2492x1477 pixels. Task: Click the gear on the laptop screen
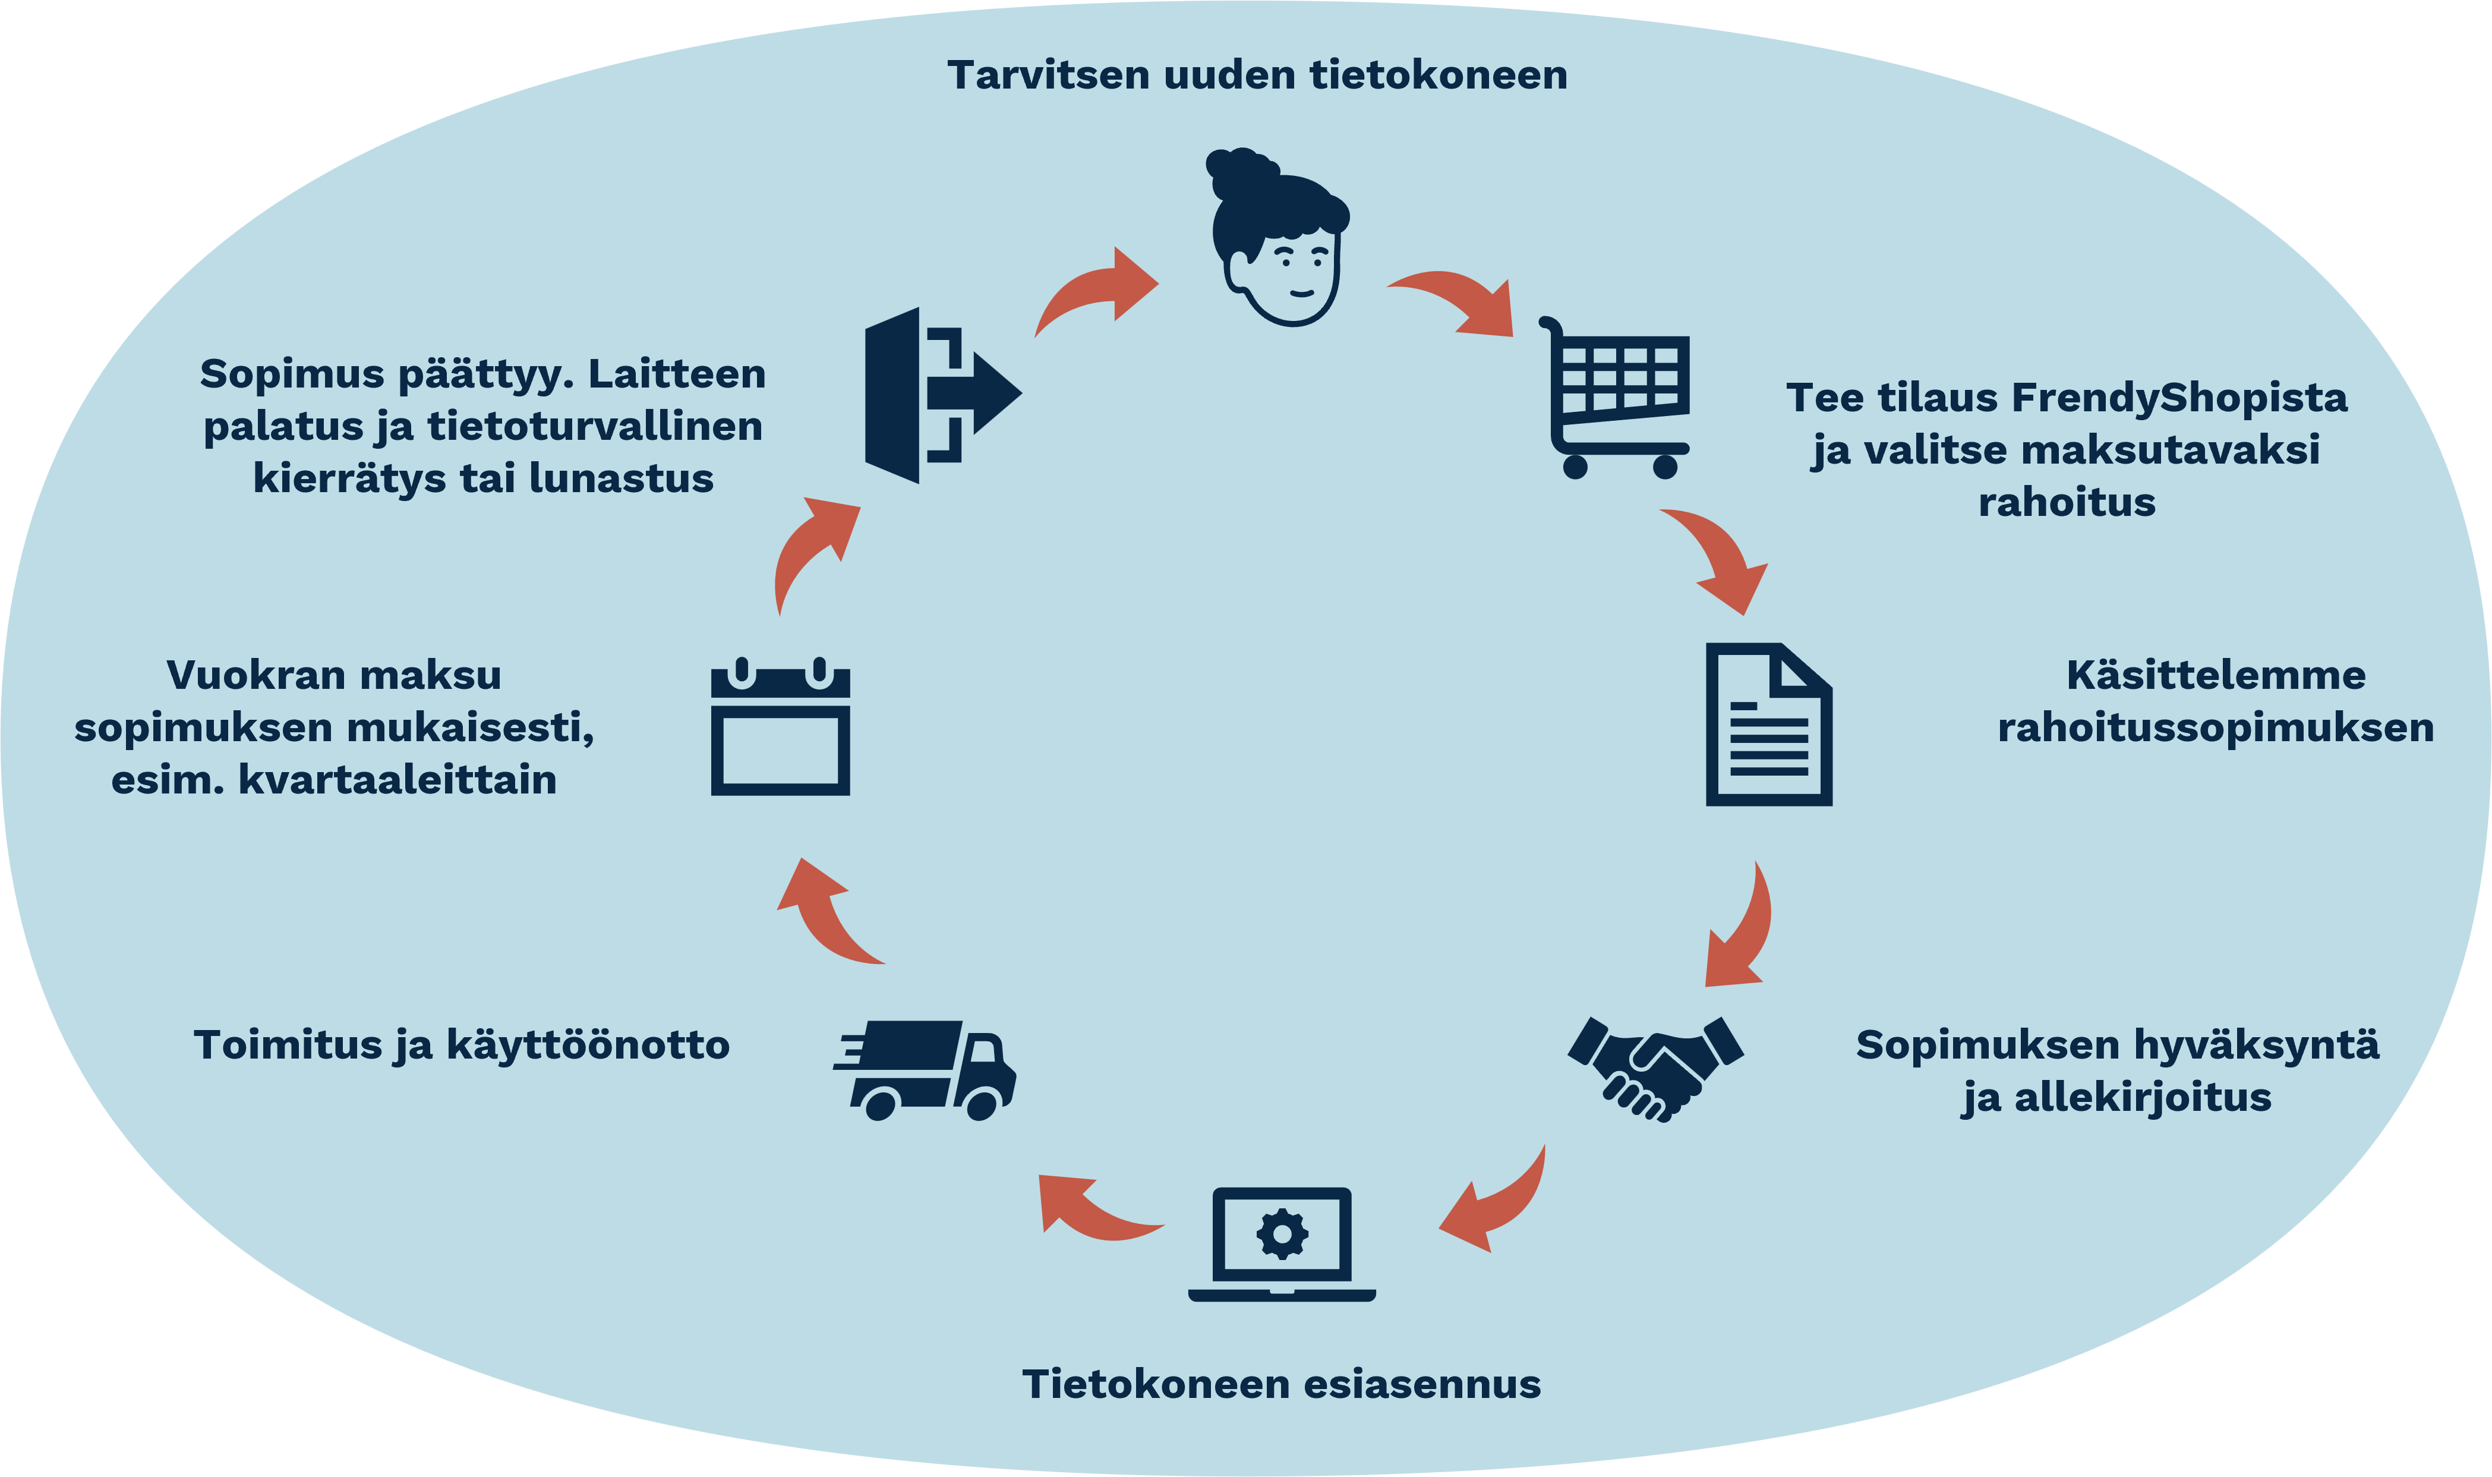tap(1282, 1234)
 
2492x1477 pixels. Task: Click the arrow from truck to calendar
tap(824, 914)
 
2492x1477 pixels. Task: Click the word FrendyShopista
tap(2179, 398)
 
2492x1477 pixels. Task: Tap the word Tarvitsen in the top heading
tap(1049, 75)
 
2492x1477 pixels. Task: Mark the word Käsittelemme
tap(2216, 676)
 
